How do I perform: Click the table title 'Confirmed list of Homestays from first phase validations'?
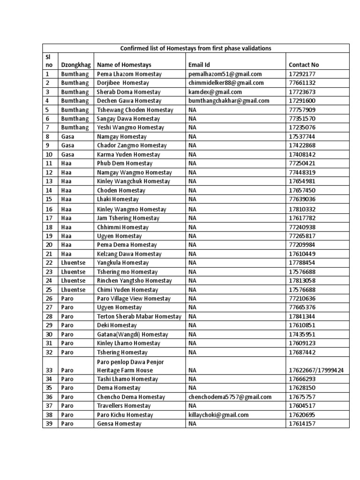pyautogui.click(x=196, y=48)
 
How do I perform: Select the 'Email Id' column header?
pyautogui.click(x=199, y=65)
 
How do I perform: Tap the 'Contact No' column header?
pyautogui.click(x=304, y=65)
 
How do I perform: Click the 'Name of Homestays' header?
pyautogui.click(x=124, y=65)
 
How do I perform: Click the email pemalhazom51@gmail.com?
pyautogui.click(x=225, y=74)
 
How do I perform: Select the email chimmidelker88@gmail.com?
pyautogui.click(x=226, y=83)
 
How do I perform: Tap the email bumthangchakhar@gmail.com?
pyautogui.click(x=229, y=101)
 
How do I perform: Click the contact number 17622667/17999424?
pyautogui.click(x=316, y=370)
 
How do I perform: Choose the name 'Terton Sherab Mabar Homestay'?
pyautogui.click(x=139, y=316)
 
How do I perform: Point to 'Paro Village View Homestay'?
pyautogui.click(x=134, y=299)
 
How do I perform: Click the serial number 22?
pyautogui.click(x=50, y=262)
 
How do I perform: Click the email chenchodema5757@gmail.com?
pyautogui.click(x=230, y=397)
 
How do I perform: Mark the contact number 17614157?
pyautogui.click(x=302, y=424)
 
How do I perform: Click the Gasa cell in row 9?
pyautogui.click(x=67, y=145)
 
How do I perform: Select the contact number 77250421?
pyautogui.click(x=302, y=164)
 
